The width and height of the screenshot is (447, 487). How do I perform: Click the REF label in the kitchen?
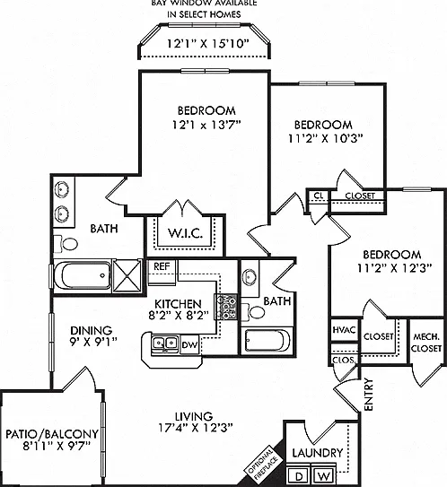point(162,266)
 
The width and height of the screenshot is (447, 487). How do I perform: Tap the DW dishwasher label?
point(189,344)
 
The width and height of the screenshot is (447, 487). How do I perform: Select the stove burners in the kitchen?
point(226,307)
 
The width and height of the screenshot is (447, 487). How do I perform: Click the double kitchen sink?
point(165,344)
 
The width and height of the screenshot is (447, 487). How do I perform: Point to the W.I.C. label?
point(185,233)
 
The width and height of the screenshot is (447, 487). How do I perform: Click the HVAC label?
point(344,329)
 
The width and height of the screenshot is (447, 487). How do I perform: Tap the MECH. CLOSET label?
point(426,343)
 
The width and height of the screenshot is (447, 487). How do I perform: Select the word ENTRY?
point(368,395)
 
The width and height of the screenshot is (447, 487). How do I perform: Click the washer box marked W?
point(323,474)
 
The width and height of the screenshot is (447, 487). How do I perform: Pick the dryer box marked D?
point(299,474)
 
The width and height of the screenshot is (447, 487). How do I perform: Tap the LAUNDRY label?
point(318,453)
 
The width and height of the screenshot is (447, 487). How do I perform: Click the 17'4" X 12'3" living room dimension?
point(196,428)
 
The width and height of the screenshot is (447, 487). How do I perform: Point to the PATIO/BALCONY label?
point(52,434)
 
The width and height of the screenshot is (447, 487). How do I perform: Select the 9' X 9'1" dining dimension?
point(93,342)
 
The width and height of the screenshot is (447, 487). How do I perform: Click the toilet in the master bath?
point(66,244)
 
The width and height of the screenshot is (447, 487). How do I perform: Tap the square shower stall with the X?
point(127,276)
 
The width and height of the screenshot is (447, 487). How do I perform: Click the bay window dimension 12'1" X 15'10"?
point(208,44)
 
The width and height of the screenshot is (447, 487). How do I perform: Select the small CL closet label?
point(319,196)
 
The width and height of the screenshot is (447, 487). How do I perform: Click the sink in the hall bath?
point(250,276)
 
